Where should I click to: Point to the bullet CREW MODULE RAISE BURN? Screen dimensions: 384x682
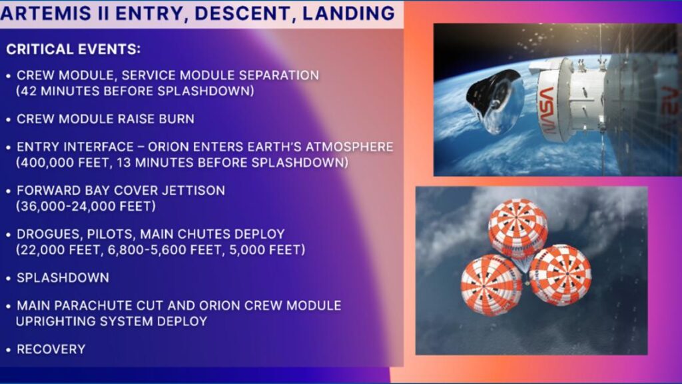pos(105,119)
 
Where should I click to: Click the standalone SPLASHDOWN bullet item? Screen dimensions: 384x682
pos(62,277)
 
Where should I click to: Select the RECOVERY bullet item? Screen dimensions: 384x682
pos(51,349)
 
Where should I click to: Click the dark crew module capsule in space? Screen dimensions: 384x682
pos(493,100)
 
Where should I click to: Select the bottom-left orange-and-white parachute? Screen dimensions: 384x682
pos(492,284)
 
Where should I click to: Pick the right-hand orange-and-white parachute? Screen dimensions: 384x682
pos(560,274)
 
